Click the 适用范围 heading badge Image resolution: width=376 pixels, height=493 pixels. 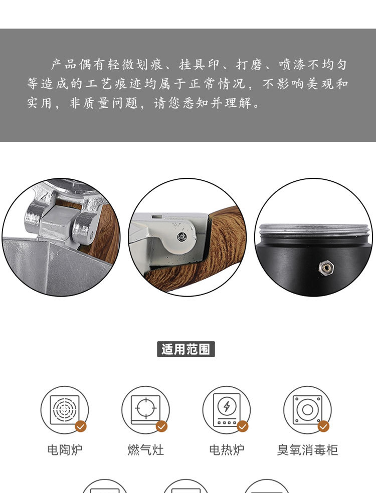tap(186, 349)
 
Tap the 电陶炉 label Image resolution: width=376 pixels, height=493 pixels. tap(65, 449)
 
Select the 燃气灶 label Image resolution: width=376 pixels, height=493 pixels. tap(146, 449)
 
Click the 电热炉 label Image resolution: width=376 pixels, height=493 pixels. tap(227, 449)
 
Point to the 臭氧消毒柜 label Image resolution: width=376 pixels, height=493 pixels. tap(307, 449)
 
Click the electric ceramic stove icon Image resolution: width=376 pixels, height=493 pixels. tap(65, 410)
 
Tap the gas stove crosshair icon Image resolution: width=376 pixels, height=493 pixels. tap(146, 408)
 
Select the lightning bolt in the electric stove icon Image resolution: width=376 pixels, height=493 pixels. tap(227, 406)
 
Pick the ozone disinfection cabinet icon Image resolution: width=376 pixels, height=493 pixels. tap(307, 410)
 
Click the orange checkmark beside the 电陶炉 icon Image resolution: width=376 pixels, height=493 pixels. tap(81, 426)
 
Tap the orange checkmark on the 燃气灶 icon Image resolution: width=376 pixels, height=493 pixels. tap(162, 426)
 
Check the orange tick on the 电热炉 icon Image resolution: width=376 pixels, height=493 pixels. tap(243, 426)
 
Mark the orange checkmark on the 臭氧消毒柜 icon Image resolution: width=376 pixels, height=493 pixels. tap(323, 426)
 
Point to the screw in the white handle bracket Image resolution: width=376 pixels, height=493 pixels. tap(181, 237)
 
